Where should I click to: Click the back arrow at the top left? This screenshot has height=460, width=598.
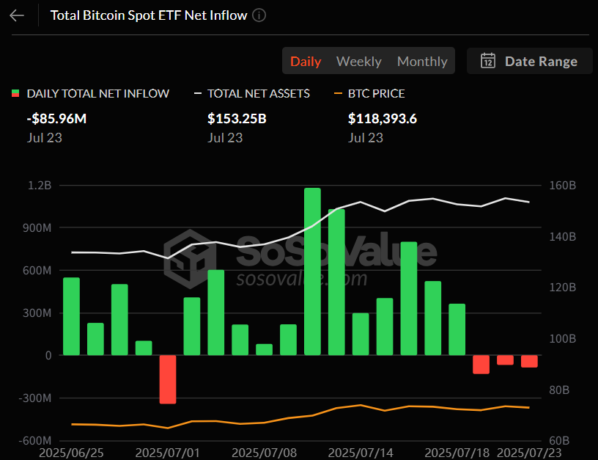click(x=17, y=15)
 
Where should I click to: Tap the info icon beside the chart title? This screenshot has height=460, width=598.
click(x=259, y=15)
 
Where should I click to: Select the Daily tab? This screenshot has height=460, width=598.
click(x=306, y=62)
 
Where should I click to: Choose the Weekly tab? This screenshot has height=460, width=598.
click(x=358, y=62)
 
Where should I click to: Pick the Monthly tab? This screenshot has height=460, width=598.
click(x=422, y=62)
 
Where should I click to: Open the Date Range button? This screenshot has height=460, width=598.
click(x=528, y=62)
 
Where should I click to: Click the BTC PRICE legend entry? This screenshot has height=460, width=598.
click(x=369, y=93)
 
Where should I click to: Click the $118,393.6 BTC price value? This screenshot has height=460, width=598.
click(x=383, y=118)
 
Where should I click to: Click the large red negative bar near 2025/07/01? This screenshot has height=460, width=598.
click(x=168, y=379)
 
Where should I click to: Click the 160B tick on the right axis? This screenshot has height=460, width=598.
click(x=562, y=186)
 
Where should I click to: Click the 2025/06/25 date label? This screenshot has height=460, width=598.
click(x=71, y=453)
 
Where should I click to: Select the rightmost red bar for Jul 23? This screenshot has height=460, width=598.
click(x=529, y=361)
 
